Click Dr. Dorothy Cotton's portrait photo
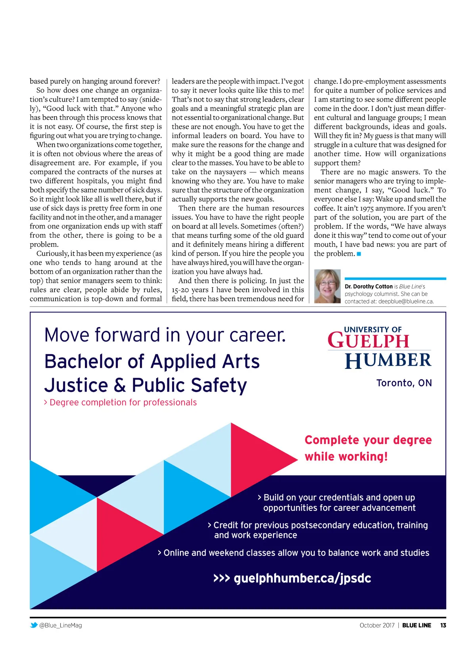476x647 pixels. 327,286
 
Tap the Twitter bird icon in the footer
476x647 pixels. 34,625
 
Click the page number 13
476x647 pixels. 443,625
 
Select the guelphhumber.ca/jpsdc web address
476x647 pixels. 302,578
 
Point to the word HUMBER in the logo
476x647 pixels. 388,360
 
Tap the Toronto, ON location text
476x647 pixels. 404,383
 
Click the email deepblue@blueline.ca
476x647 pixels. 405,301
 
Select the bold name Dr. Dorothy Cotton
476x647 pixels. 369,286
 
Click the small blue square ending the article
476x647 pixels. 359,254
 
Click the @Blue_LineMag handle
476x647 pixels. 60,625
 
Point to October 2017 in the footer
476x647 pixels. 377,625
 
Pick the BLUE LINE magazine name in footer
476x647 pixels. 416,625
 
